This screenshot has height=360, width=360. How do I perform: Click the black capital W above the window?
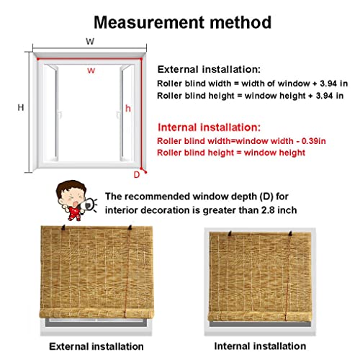click(x=89, y=42)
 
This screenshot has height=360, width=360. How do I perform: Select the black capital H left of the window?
click(x=22, y=107)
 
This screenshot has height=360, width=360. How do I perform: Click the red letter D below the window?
click(x=137, y=174)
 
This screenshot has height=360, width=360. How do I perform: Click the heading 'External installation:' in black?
click(x=209, y=70)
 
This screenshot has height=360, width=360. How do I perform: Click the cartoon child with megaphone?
click(x=74, y=201)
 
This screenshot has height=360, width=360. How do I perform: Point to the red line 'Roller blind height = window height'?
click(x=231, y=153)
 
